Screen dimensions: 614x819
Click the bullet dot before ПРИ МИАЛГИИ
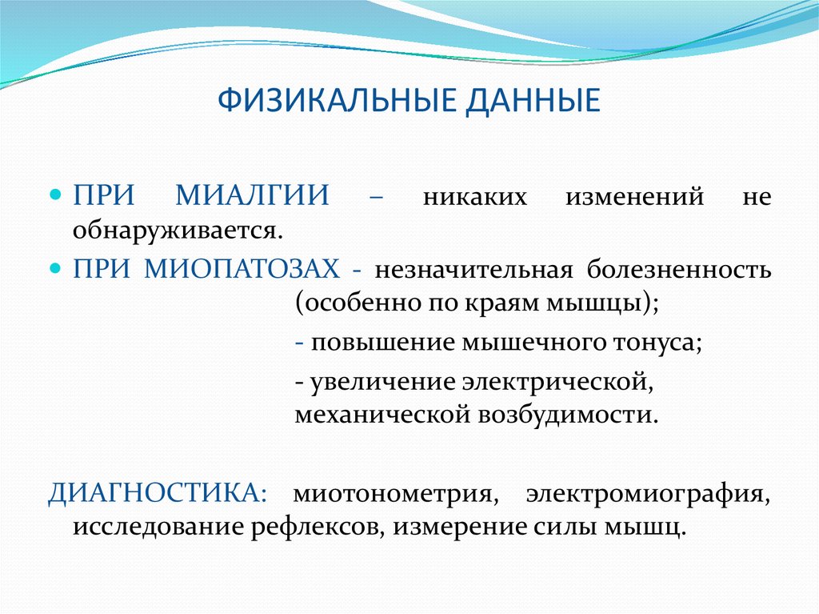point(56,196)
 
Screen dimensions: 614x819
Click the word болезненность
point(679,270)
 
